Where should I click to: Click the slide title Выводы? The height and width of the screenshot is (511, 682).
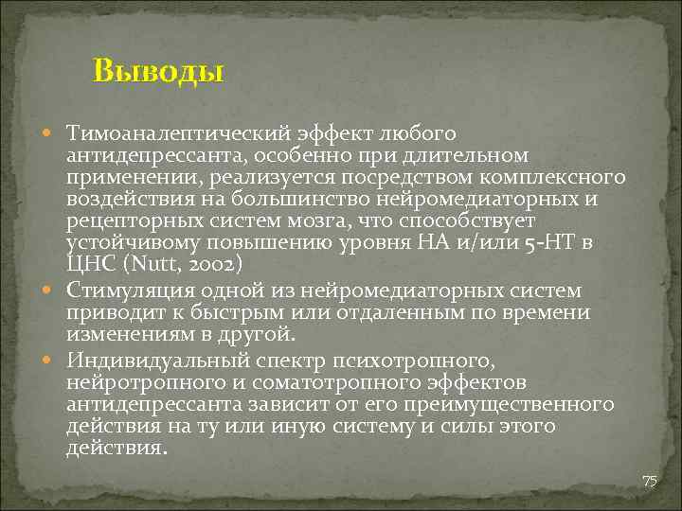[x=158, y=72]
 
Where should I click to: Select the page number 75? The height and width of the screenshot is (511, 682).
[x=649, y=482]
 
